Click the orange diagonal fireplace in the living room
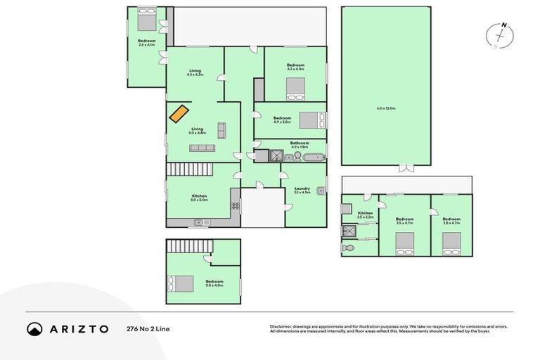tap(179, 114)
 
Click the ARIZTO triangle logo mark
tap(35, 328)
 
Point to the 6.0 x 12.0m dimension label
tap(386, 108)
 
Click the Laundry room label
tap(302, 189)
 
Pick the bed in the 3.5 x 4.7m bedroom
tap(404, 243)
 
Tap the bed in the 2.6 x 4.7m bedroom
tap(451, 243)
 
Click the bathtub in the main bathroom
tap(313, 156)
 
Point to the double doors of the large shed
tap(405, 168)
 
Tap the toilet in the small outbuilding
tap(347, 247)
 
